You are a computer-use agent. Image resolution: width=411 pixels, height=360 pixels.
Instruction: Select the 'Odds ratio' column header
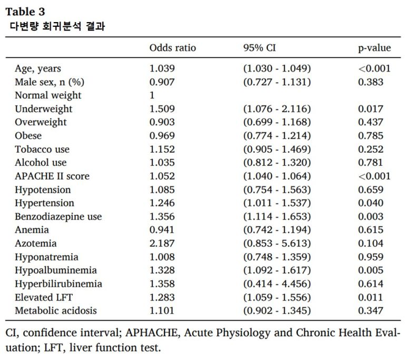(172, 48)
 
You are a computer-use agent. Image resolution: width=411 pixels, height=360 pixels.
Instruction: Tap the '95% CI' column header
(259, 48)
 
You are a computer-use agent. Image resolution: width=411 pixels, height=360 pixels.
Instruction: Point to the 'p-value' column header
(374, 48)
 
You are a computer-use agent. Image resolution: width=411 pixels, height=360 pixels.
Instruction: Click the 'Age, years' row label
(38, 68)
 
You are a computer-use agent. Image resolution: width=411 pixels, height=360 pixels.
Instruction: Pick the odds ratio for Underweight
(162, 109)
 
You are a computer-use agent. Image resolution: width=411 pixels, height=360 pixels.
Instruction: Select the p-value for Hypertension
(370, 203)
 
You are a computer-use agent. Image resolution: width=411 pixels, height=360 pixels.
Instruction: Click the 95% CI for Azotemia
(277, 244)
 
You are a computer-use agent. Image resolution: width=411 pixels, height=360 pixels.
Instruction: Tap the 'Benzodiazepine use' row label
(58, 216)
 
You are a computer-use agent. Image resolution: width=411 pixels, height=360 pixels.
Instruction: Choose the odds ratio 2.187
(162, 244)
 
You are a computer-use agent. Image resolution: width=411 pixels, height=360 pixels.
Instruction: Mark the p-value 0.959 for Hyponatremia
(370, 257)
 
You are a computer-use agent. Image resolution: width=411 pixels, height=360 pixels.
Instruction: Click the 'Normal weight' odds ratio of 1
(152, 95)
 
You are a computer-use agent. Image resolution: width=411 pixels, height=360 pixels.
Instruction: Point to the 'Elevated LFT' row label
(44, 297)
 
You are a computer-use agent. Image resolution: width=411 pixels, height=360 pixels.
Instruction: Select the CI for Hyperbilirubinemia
(277, 284)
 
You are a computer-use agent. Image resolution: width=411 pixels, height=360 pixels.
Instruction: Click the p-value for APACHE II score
(374, 176)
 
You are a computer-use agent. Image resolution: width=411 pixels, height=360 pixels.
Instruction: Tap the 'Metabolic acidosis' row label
(56, 311)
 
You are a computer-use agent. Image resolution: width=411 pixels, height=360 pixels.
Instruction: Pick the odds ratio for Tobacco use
(162, 149)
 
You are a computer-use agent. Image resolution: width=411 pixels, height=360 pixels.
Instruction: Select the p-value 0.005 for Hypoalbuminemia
(370, 271)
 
